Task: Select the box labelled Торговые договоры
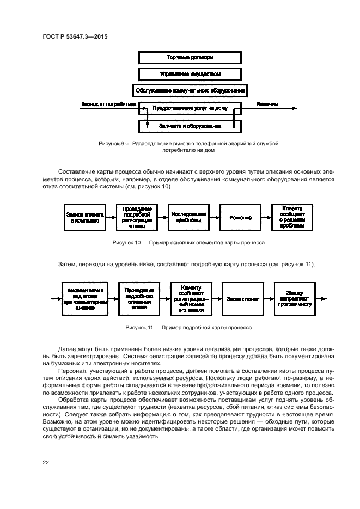pos(190,57)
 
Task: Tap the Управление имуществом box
pos(190,73)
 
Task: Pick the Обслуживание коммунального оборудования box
pos(190,90)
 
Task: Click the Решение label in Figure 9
pos(267,104)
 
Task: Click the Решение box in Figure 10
pos(240,218)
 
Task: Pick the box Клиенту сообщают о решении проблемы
pos(293,218)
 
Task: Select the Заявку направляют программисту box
pos(296,299)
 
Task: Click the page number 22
pos(46,462)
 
